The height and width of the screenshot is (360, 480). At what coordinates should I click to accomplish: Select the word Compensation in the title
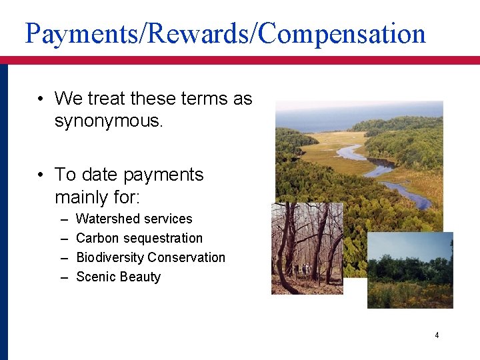click(341, 33)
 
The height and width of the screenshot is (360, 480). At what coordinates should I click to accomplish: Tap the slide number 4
click(437, 335)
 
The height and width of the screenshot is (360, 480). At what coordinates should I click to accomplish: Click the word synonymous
click(108, 122)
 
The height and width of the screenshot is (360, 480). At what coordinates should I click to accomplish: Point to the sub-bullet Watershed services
click(134, 219)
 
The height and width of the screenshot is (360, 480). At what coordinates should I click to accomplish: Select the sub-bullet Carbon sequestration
click(139, 238)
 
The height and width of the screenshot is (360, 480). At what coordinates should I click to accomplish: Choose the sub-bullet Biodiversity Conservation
click(151, 257)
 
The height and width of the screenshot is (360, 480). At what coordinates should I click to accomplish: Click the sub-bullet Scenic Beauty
click(119, 277)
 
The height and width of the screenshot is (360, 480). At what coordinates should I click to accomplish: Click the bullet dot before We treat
click(41, 99)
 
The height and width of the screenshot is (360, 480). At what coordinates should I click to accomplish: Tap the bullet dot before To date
click(41, 175)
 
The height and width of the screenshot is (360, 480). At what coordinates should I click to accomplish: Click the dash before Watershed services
click(63, 219)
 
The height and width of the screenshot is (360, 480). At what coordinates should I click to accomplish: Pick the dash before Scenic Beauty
click(63, 277)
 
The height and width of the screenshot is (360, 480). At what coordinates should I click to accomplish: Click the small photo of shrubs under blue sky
click(410, 270)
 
